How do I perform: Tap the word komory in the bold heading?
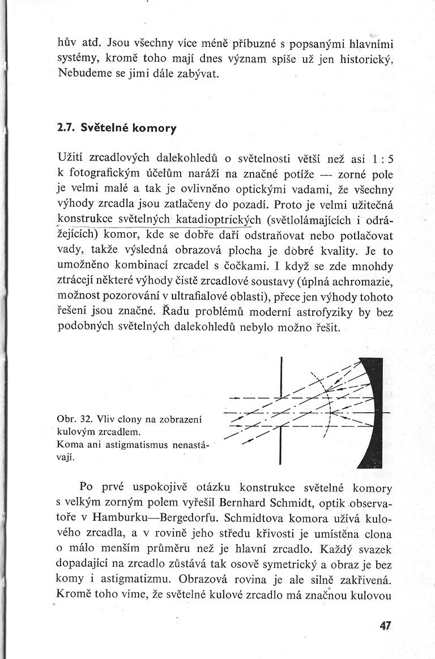[154, 129]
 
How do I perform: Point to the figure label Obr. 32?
[75, 420]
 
